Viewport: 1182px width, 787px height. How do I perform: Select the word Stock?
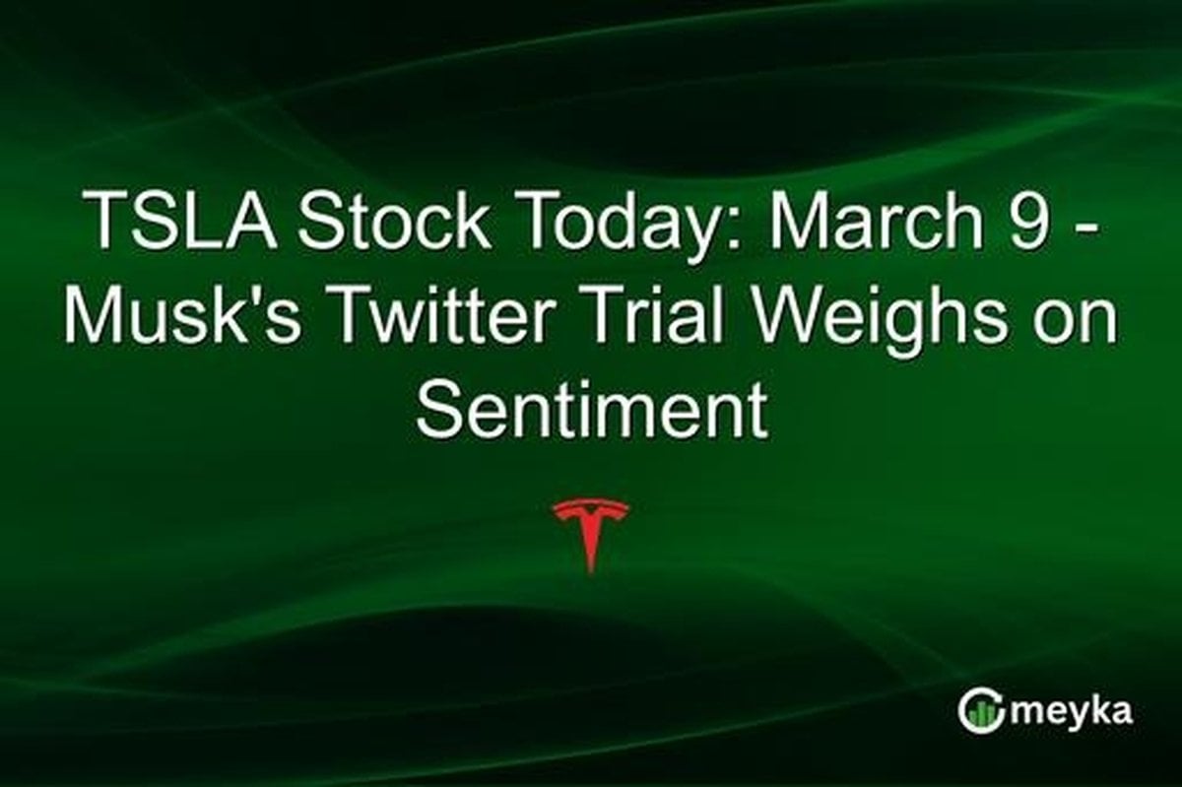394,220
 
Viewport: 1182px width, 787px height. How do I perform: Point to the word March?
876,220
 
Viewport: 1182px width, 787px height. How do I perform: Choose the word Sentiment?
591,410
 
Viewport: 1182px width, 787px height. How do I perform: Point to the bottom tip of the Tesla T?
590,572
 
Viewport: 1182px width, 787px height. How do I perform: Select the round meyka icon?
979,712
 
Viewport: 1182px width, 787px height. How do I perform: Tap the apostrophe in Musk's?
249,293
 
